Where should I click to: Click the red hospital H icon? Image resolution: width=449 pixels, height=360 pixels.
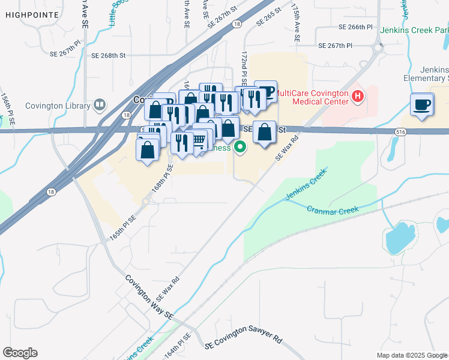(x=358, y=95)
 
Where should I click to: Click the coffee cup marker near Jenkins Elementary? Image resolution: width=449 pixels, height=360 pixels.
(x=423, y=105)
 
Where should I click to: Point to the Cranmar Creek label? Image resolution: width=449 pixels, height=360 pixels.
(x=333, y=209)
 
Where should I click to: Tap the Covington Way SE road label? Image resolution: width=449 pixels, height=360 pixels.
(x=149, y=297)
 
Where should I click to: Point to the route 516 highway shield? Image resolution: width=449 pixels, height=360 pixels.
(x=402, y=131)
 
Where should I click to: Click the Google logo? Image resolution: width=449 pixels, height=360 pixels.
(x=20, y=353)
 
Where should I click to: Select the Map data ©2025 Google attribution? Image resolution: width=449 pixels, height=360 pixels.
(x=411, y=355)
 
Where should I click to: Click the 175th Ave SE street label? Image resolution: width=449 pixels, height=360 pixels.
(x=295, y=24)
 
